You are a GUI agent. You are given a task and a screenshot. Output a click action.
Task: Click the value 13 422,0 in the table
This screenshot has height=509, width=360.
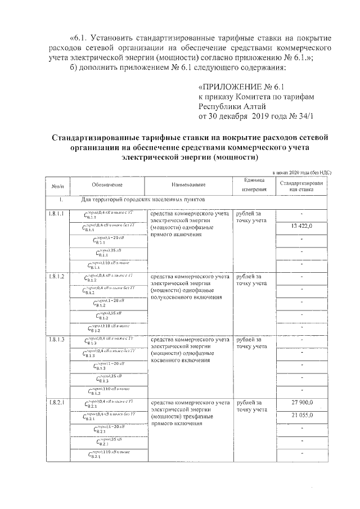pos(301,226)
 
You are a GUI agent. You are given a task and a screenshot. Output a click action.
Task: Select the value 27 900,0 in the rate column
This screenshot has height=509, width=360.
pos(301,402)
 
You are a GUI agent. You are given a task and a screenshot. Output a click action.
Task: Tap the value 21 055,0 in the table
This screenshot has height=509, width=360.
pos(301,415)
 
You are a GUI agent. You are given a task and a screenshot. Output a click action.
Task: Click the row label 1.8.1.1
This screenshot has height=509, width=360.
pos(56,214)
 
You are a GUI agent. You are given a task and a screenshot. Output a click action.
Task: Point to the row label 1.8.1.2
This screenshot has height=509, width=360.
pos(56,277)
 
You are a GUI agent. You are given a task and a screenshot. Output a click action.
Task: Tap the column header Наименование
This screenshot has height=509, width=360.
pos(189,185)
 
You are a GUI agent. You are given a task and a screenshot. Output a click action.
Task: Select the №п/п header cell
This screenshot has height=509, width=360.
pos(57,185)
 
